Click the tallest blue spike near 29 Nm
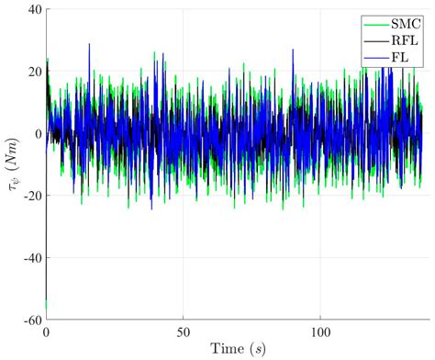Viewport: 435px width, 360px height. click(x=89, y=44)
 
